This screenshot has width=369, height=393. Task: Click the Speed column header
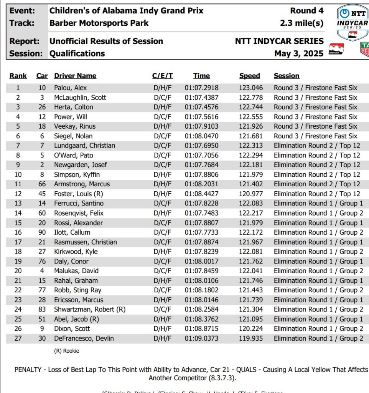click(249, 76)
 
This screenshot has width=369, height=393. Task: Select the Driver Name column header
click(75, 76)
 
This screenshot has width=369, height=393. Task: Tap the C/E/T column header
click(162, 76)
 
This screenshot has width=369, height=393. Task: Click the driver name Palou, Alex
click(71, 88)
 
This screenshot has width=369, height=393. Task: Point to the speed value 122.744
click(251, 107)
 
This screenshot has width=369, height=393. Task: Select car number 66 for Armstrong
click(42, 184)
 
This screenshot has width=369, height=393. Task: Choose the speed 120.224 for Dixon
click(251, 329)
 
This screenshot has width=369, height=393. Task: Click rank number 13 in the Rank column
click(18, 204)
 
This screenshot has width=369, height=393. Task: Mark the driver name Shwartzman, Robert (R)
click(90, 310)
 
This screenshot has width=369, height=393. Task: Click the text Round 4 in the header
click(307, 10)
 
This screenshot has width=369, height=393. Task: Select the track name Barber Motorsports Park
click(99, 23)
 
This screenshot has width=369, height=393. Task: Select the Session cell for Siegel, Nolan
click(315, 136)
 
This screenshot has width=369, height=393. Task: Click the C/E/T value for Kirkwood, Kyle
click(163, 252)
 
